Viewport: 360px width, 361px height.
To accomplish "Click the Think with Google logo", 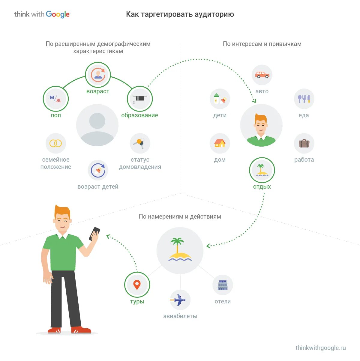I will [42, 14].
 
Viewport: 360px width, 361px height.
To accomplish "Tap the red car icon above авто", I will [262, 75].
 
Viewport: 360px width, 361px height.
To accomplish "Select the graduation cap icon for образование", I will [140, 99].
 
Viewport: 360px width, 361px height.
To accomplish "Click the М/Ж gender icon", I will [55, 99].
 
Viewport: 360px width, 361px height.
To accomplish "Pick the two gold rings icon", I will [55, 143].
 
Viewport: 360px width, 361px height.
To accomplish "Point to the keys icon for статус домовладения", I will [140, 143].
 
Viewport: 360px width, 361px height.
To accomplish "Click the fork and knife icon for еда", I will [304, 99].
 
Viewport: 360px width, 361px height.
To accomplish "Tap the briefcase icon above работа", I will [304, 143].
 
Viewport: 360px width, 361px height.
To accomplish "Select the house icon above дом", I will [220, 143].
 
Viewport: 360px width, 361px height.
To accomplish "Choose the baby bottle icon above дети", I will [220, 99].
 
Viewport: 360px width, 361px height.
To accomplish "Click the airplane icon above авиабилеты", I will [180, 300].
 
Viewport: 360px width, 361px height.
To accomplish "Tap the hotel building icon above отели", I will [223, 285].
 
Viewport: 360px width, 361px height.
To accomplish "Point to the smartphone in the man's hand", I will [94, 234].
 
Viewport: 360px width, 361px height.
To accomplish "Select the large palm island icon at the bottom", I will [180, 250].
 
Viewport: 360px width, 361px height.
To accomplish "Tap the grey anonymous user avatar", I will [97, 125].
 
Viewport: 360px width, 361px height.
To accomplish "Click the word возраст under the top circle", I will [98, 91].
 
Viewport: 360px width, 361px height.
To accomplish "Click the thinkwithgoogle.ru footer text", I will [320, 348].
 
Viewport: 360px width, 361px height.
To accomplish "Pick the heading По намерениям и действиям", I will [180, 216].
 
